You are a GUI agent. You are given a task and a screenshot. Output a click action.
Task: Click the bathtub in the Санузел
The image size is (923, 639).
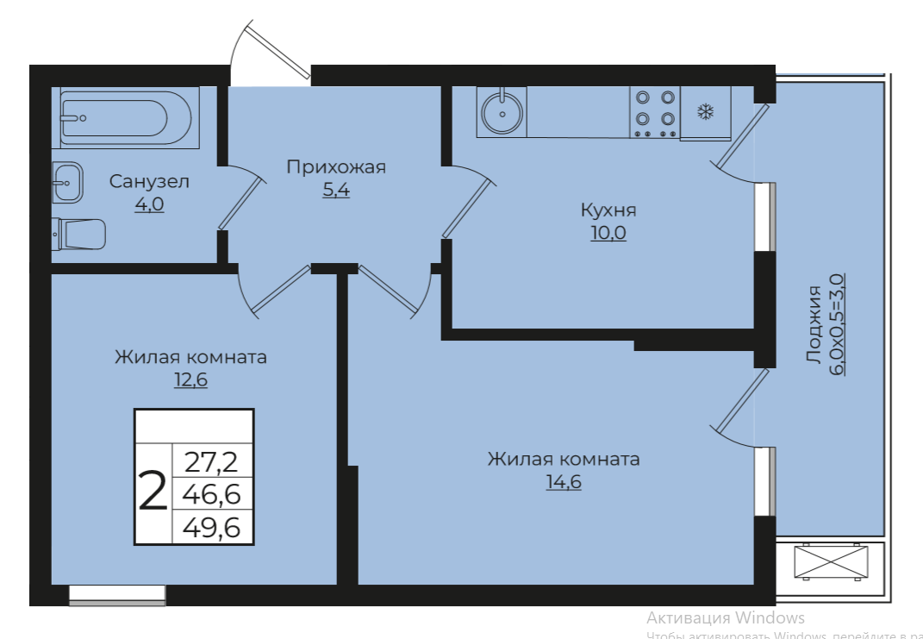[x=126, y=119]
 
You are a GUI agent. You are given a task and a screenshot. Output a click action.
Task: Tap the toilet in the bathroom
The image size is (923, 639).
[x=79, y=234]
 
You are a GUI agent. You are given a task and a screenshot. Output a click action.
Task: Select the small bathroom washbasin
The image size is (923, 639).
[x=67, y=182]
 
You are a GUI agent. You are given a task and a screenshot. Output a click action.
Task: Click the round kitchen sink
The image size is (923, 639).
[x=501, y=112]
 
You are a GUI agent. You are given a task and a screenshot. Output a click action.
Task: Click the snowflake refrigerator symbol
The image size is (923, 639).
[x=705, y=112]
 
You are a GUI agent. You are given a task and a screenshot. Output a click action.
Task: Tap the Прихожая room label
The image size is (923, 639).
[x=336, y=167]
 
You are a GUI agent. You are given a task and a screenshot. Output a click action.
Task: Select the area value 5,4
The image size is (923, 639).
[x=336, y=191]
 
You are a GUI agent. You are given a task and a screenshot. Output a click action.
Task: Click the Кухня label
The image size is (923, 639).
[x=608, y=210]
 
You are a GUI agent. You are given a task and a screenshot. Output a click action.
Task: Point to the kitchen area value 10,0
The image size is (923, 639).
[x=608, y=233]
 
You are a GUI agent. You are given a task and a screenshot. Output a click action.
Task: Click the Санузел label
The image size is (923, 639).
[x=149, y=182]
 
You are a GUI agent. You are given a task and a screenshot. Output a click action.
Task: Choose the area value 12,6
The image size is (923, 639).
[x=190, y=379]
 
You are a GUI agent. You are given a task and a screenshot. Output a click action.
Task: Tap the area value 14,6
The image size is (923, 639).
[x=564, y=482]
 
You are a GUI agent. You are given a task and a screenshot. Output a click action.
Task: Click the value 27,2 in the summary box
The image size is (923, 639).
[x=212, y=463]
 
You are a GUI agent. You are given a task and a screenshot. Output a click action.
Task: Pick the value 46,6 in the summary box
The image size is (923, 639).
[x=212, y=495]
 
